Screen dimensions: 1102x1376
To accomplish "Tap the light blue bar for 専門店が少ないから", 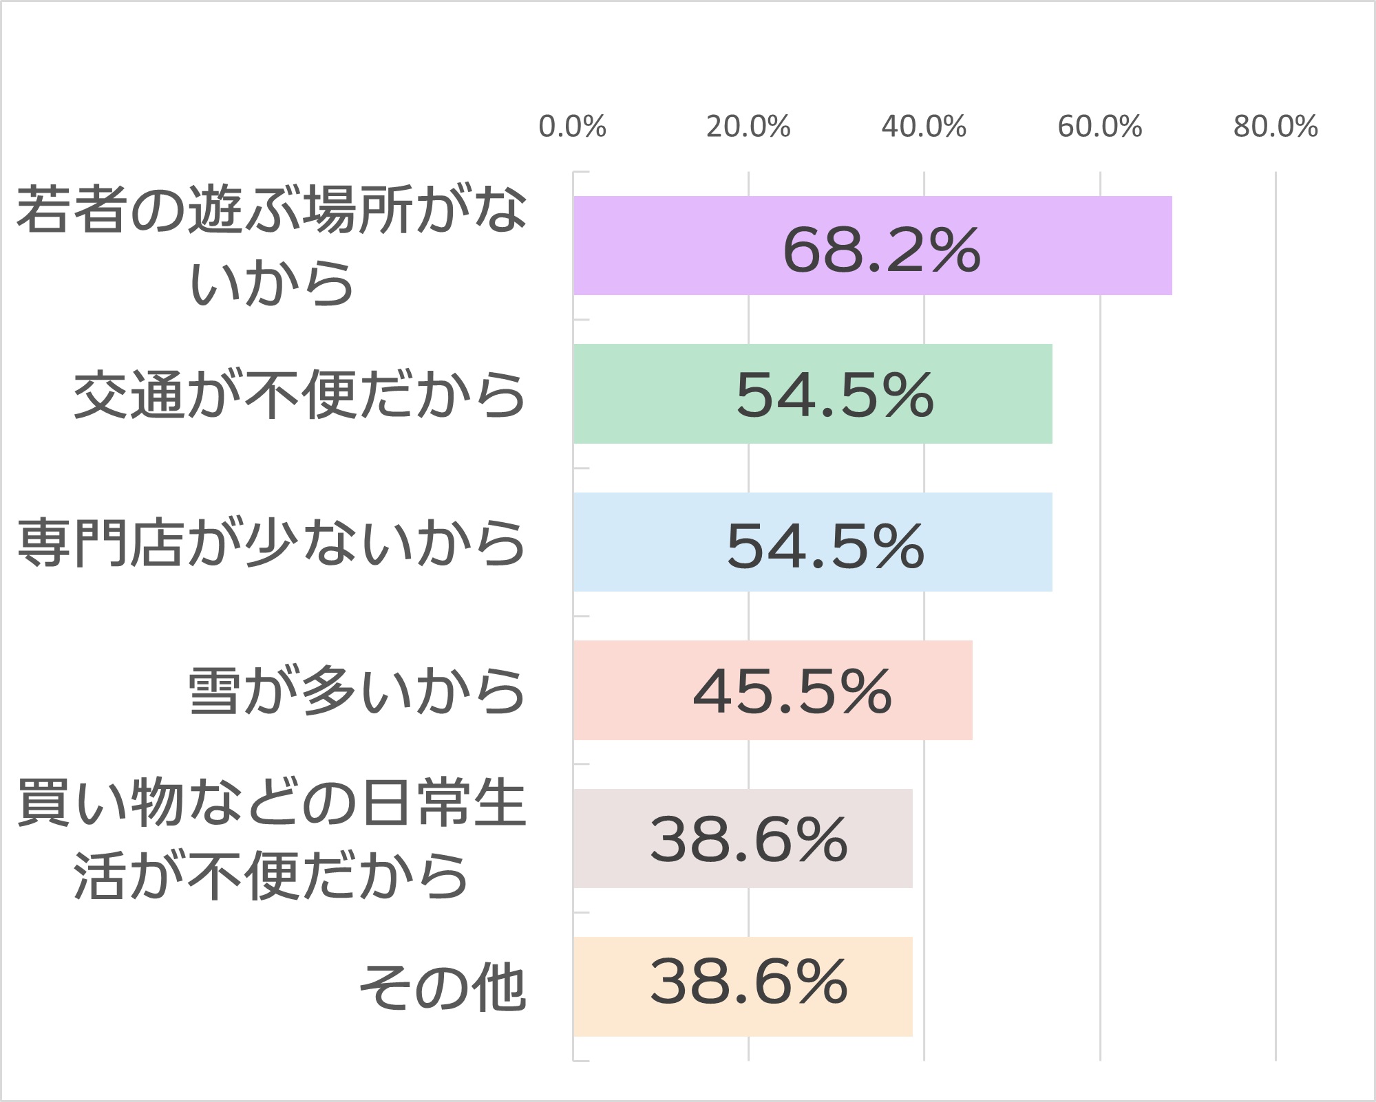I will [x=647, y=542].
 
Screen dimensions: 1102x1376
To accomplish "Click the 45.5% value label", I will [x=792, y=691].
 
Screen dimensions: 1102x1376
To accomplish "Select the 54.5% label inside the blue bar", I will [x=825, y=546].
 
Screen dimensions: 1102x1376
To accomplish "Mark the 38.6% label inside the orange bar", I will [x=749, y=982].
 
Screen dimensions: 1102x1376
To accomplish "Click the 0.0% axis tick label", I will [x=572, y=127].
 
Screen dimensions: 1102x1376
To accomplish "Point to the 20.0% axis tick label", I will [x=748, y=127].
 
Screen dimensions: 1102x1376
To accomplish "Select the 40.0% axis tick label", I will [x=924, y=127].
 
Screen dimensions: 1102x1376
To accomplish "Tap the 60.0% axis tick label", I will [x=1100, y=127].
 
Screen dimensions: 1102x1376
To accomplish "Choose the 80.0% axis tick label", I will [x=1276, y=127].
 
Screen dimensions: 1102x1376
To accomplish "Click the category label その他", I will [x=443, y=988].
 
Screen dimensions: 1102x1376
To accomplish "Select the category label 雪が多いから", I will [x=357, y=691].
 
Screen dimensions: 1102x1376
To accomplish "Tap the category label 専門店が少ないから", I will [x=271, y=543].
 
